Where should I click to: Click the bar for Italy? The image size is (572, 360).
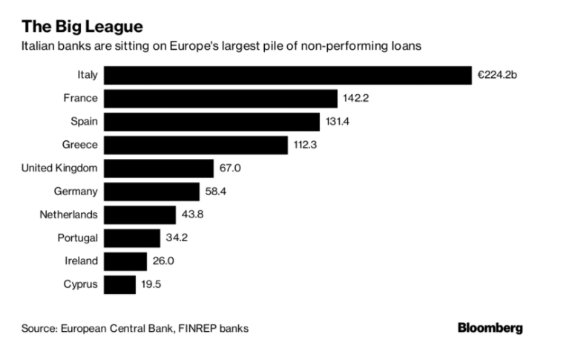[x=288, y=75]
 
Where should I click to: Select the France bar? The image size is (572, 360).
[x=220, y=98]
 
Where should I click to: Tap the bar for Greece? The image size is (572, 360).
[x=195, y=145]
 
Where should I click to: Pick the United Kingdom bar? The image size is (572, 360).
[x=158, y=168]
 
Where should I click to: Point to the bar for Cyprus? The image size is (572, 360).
[x=119, y=284]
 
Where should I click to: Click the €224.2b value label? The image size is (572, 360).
[x=500, y=75]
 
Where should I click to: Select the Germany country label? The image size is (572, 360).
[x=76, y=192]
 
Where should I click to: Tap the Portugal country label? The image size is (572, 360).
[x=77, y=238]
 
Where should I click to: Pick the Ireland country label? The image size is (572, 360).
[x=80, y=261]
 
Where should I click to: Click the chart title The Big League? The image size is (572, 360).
[x=82, y=27]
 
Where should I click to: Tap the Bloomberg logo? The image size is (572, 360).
[x=490, y=327]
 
